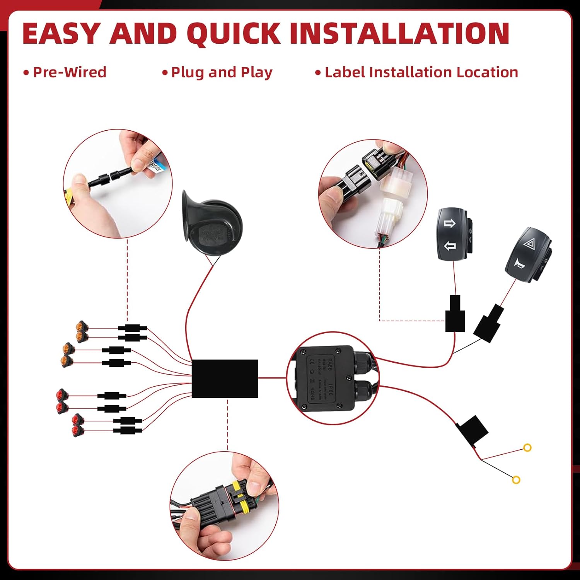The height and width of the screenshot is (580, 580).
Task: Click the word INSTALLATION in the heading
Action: (x=399, y=33)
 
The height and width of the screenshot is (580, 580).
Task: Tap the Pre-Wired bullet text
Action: (x=69, y=72)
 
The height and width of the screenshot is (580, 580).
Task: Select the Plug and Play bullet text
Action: (x=221, y=72)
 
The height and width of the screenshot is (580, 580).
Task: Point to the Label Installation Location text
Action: (x=421, y=72)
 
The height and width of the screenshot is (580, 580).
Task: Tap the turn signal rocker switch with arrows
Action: (x=452, y=235)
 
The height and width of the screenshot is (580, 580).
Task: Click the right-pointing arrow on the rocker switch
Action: (x=449, y=223)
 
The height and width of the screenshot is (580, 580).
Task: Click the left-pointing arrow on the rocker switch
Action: (x=449, y=246)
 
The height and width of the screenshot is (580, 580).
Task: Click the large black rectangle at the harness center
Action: (x=225, y=379)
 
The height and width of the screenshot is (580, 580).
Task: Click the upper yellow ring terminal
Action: (x=527, y=448)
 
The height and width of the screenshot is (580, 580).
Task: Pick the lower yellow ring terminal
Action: (x=516, y=480)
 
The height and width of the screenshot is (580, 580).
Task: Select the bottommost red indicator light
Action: (x=77, y=431)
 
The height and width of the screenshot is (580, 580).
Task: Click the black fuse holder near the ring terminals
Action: (x=473, y=430)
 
